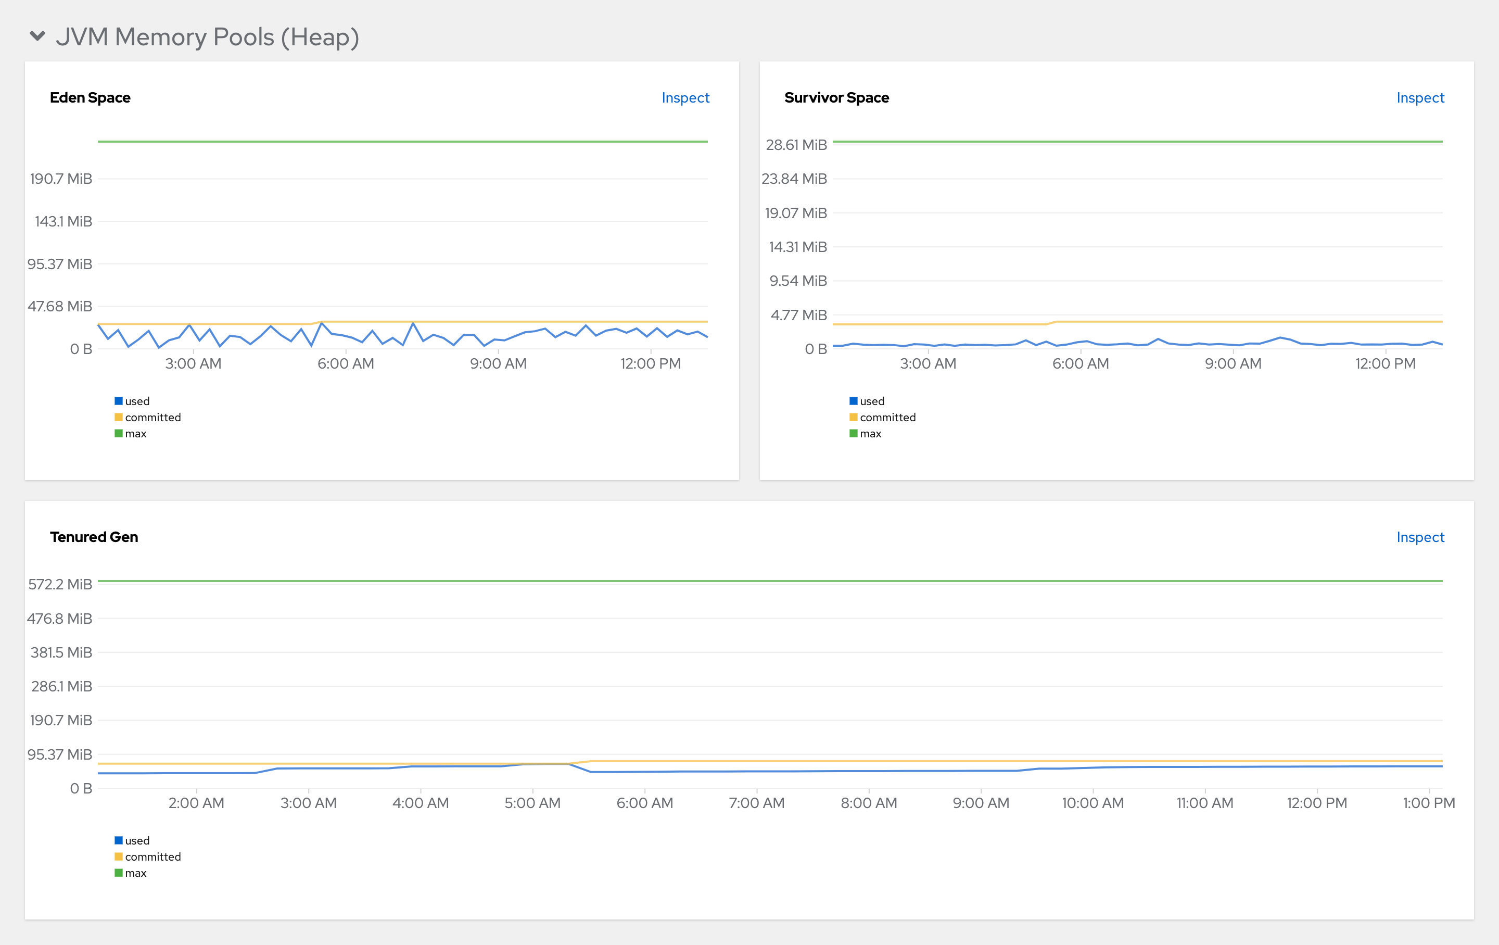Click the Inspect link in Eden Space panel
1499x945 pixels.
coord(685,98)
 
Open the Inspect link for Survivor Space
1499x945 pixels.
coord(1419,98)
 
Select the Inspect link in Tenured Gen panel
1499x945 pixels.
coord(1419,537)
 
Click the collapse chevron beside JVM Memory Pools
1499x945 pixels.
coord(37,36)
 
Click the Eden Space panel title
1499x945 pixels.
coord(90,98)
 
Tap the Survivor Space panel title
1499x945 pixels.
coord(836,98)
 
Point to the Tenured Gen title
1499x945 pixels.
coord(94,537)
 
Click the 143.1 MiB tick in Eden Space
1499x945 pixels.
coord(63,222)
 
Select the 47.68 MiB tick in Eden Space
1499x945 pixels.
coord(60,306)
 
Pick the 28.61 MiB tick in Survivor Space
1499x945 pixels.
coord(796,145)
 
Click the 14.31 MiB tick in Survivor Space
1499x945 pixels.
coord(797,247)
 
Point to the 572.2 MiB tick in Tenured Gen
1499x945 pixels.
coord(60,585)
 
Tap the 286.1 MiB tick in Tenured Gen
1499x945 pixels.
coord(61,687)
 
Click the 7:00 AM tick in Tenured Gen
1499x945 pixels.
coord(756,803)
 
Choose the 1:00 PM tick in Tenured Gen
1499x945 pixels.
coord(1428,803)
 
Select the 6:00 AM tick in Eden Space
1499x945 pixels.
coord(346,363)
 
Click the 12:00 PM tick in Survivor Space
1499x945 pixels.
coord(1385,363)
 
